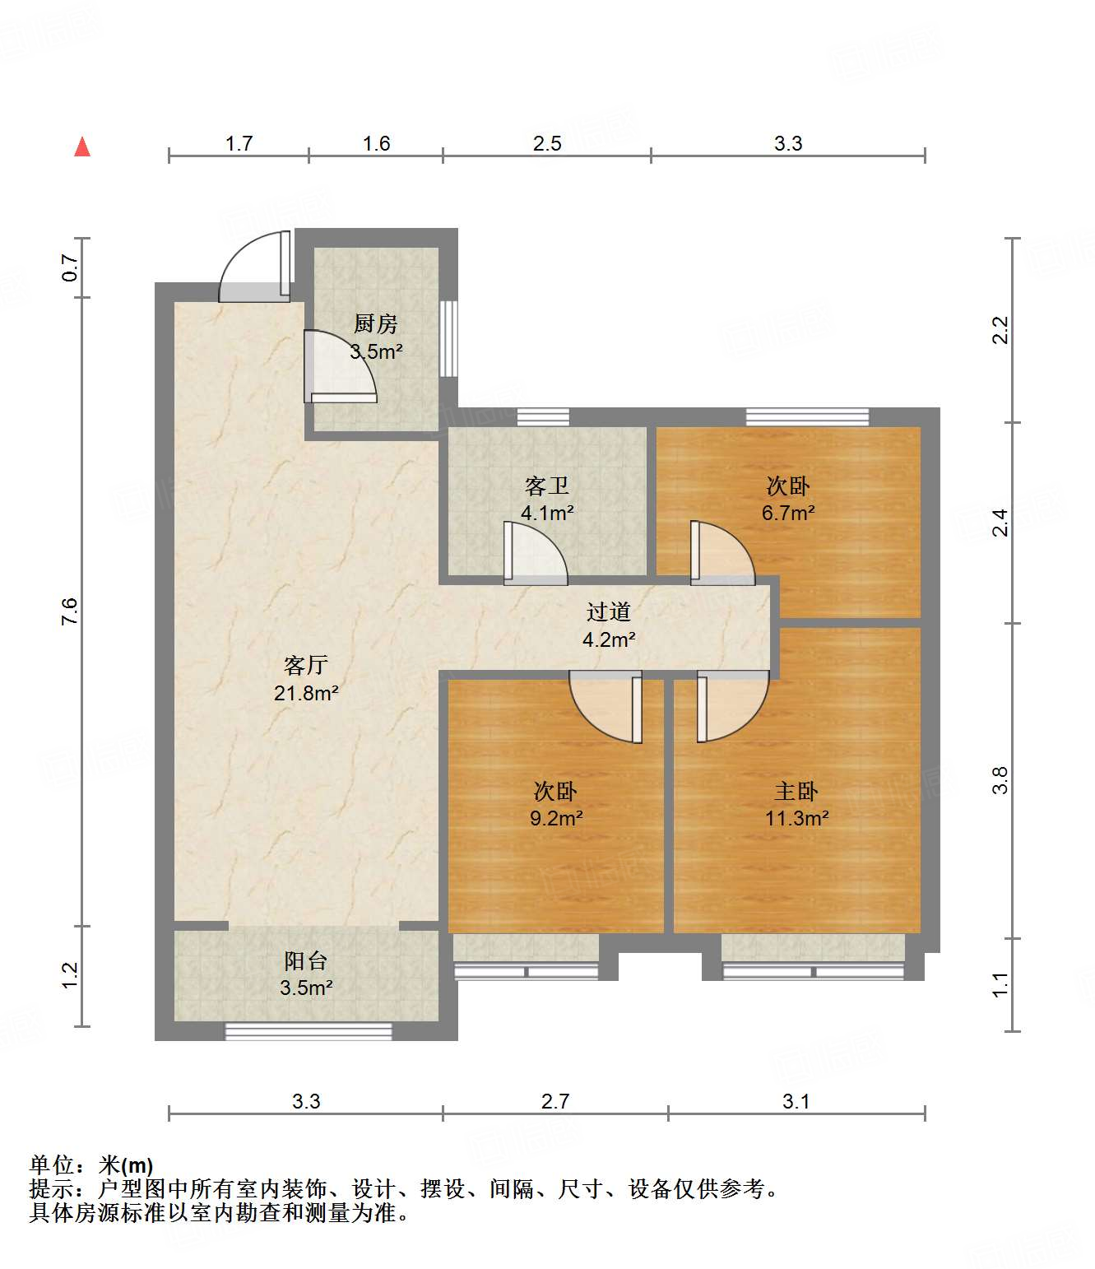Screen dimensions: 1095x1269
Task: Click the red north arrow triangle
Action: point(82,147)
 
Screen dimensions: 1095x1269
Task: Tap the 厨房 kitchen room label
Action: point(376,323)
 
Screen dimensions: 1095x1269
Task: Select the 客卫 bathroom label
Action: point(547,486)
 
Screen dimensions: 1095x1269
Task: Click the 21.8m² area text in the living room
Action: point(306,693)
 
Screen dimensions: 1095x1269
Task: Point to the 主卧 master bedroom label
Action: point(796,792)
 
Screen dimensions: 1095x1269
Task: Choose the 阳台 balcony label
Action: point(306,961)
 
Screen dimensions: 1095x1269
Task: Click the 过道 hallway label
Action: point(608,611)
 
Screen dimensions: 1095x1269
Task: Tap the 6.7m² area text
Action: point(788,513)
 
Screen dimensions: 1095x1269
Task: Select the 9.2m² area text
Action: point(556,818)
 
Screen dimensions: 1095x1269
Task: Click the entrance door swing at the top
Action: point(255,266)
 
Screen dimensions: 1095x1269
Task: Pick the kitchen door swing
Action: point(340,366)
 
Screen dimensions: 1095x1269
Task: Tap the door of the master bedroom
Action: point(733,706)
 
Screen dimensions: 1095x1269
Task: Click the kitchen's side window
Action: point(449,338)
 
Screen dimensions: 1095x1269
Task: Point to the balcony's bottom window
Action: point(309,1031)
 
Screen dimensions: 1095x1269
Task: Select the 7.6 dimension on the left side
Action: point(69,611)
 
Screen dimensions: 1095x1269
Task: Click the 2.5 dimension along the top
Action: point(547,144)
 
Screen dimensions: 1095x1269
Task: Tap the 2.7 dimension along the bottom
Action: point(554,1101)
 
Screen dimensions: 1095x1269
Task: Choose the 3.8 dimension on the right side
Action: point(1000,780)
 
